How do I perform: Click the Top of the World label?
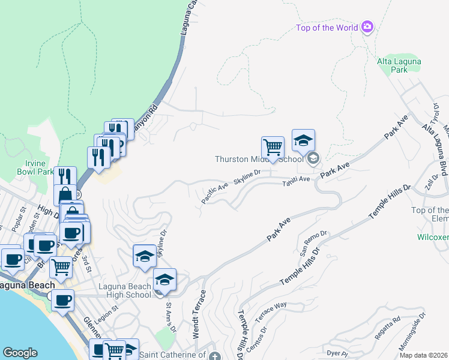(x=328, y=28)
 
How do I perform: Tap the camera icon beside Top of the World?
(x=367, y=27)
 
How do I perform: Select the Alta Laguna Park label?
(x=399, y=65)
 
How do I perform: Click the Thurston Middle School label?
(x=260, y=159)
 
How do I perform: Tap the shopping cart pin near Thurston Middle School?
(x=273, y=146)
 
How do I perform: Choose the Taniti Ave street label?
(x=297, y=179)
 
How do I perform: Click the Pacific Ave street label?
(x=214, y=194)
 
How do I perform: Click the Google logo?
(x=20, y=353)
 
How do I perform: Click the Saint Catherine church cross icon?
(x=215, y=356)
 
